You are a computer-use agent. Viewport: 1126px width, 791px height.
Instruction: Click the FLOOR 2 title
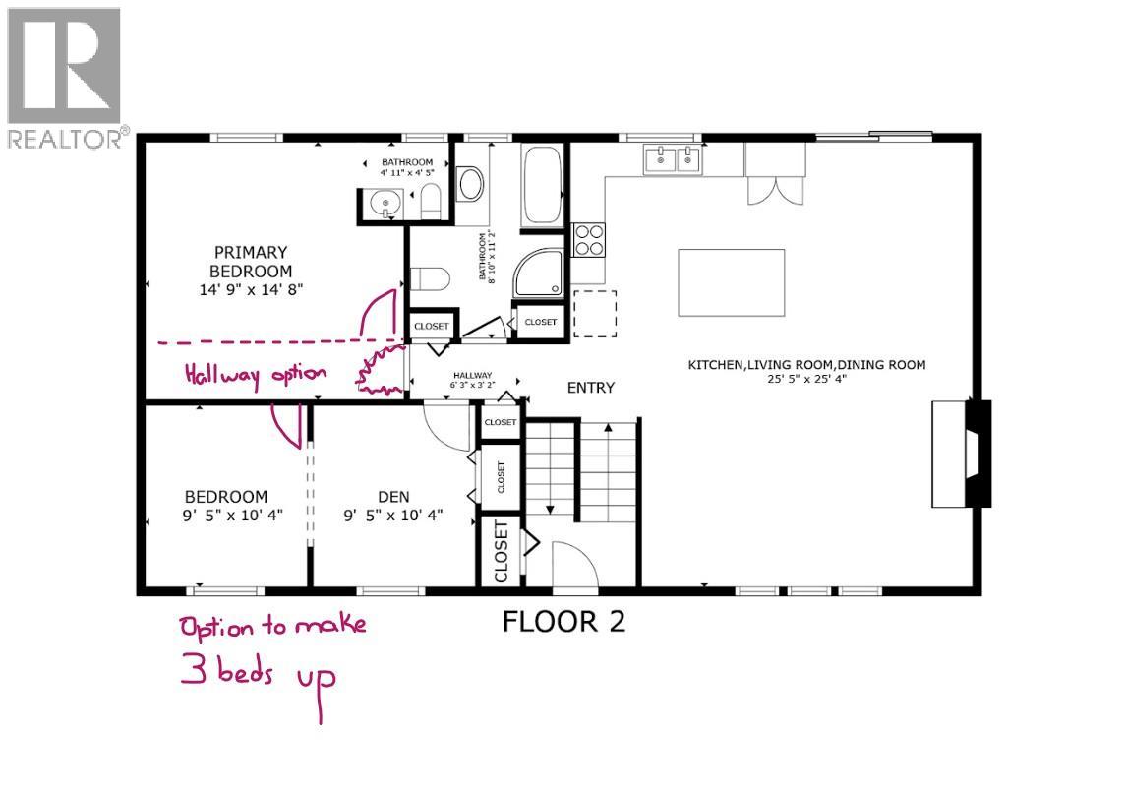(563, 622)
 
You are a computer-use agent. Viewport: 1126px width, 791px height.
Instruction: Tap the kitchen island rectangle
(731, 282)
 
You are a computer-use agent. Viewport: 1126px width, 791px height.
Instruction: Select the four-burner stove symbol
(589, 240)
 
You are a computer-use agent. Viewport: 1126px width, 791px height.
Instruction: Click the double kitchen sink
(673, 157)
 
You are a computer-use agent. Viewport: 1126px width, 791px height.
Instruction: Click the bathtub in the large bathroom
(542, 184)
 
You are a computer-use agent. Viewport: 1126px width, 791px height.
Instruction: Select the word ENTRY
(590, 388)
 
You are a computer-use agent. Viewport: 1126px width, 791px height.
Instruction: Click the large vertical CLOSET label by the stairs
(501, 552)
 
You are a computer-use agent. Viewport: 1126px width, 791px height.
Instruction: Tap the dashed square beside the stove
(594, 314)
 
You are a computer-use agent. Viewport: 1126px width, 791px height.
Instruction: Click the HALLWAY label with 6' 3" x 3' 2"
(471, 380)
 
